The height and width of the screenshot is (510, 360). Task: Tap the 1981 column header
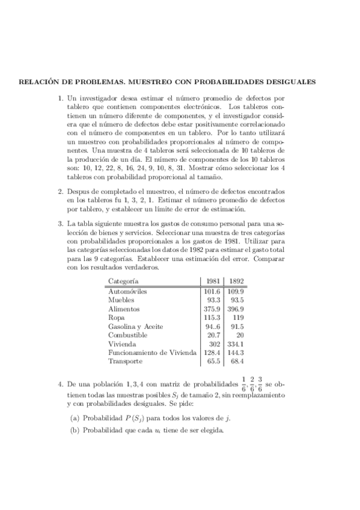point(213,281)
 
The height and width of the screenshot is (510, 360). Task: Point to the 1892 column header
point(236,281)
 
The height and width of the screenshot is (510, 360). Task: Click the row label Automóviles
point(127,291)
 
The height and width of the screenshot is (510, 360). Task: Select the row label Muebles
point(121,300)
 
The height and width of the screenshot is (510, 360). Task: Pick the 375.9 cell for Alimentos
point(213,309)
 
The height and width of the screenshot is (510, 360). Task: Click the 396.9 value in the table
point(236,309)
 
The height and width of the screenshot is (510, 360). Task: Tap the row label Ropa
point(117,317)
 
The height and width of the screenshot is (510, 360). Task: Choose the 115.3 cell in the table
point(213,317)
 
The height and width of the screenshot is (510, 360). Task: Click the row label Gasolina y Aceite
point(136,326)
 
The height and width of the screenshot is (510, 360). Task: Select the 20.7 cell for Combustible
point(215,334)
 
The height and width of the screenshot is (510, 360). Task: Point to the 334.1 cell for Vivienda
point(236,343)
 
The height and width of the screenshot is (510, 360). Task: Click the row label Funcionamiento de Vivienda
point(153,352)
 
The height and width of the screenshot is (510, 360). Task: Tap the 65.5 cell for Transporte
point(215,361)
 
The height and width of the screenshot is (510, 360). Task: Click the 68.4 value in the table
point(237,361)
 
